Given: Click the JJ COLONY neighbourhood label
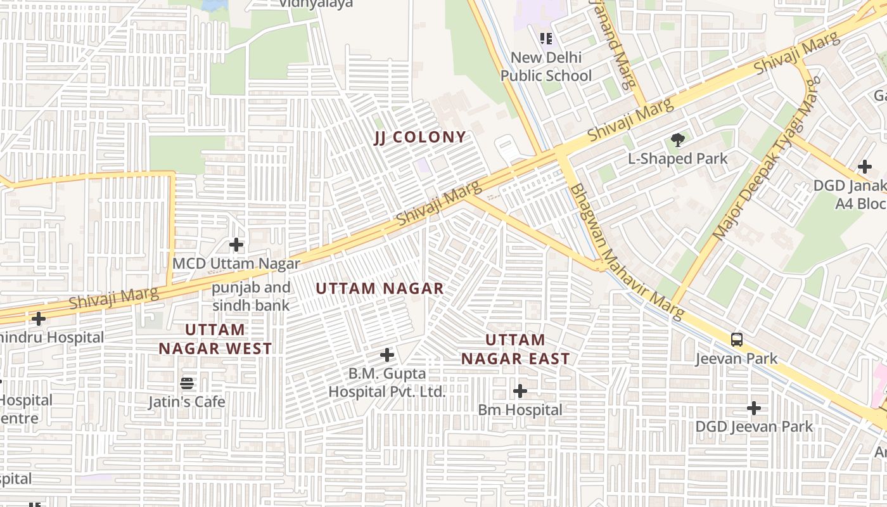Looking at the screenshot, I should point(419,138).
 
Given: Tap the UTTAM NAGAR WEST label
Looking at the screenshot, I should point(215,339).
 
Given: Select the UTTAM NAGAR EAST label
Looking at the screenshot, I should point(515,349).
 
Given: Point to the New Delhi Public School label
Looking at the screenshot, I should point(546,67).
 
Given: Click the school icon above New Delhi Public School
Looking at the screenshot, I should point(546,39).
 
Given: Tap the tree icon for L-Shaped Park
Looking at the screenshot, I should point(678,140).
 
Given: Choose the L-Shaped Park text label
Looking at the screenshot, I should point(678,158).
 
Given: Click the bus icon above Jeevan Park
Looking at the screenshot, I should point(737,339).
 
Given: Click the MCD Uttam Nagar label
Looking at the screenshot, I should point(236,263).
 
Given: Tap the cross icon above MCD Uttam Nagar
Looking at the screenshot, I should point(236,244).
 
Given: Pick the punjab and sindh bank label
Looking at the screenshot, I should point(251,296).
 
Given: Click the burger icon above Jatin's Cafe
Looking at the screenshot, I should point(187,383).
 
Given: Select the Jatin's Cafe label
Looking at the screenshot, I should point(187,402).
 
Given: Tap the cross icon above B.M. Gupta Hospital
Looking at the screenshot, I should point(387,355).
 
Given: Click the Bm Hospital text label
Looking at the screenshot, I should point(520,410).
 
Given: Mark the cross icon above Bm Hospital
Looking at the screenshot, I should point(520,391).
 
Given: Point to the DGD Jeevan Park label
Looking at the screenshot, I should point(754,427).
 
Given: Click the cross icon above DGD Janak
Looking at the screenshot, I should point(865,167).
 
